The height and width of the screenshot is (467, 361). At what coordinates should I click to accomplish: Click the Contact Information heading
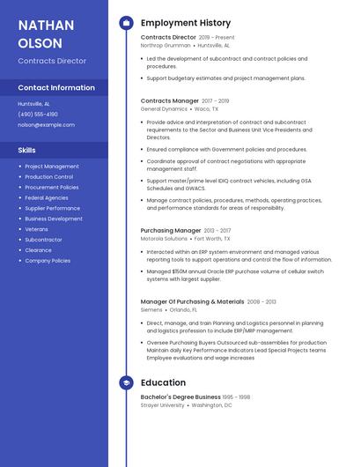[x=56, y=88]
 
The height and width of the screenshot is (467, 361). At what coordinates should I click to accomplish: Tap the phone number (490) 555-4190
[x=38, y=115]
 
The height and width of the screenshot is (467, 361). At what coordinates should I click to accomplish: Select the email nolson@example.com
[x=47, y=125]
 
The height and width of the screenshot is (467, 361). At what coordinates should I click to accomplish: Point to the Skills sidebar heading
[x=27, y=151]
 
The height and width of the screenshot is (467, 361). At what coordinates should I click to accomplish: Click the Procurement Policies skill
[x=52, y=188]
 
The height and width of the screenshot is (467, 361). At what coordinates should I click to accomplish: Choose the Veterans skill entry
[x=37, y=229]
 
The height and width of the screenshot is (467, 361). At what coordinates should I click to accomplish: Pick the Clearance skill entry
[x=39, y=250]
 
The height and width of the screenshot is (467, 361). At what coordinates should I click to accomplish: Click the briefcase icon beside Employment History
[x=126, y=23]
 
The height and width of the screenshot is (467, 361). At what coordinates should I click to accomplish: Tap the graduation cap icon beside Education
[x=126, y=383]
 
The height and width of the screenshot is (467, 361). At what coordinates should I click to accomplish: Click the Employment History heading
[x=186, y=23]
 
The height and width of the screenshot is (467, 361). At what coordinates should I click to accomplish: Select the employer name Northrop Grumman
[x=165, y=45]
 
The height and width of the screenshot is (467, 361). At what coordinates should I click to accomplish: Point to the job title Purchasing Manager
[x=171, y=231]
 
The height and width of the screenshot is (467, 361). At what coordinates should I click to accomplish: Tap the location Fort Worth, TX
[x=212, y=239]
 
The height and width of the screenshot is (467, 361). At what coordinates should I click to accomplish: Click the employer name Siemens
[x=151, y=310]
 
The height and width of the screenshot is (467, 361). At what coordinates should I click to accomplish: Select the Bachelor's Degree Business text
[x=180, y=397]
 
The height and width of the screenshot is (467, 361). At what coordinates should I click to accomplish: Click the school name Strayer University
[x=163, y=405]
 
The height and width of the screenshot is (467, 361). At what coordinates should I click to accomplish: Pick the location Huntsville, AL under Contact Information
[x=34, y=104]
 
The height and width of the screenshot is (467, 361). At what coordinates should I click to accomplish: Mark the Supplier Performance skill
[x=53, y=208]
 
